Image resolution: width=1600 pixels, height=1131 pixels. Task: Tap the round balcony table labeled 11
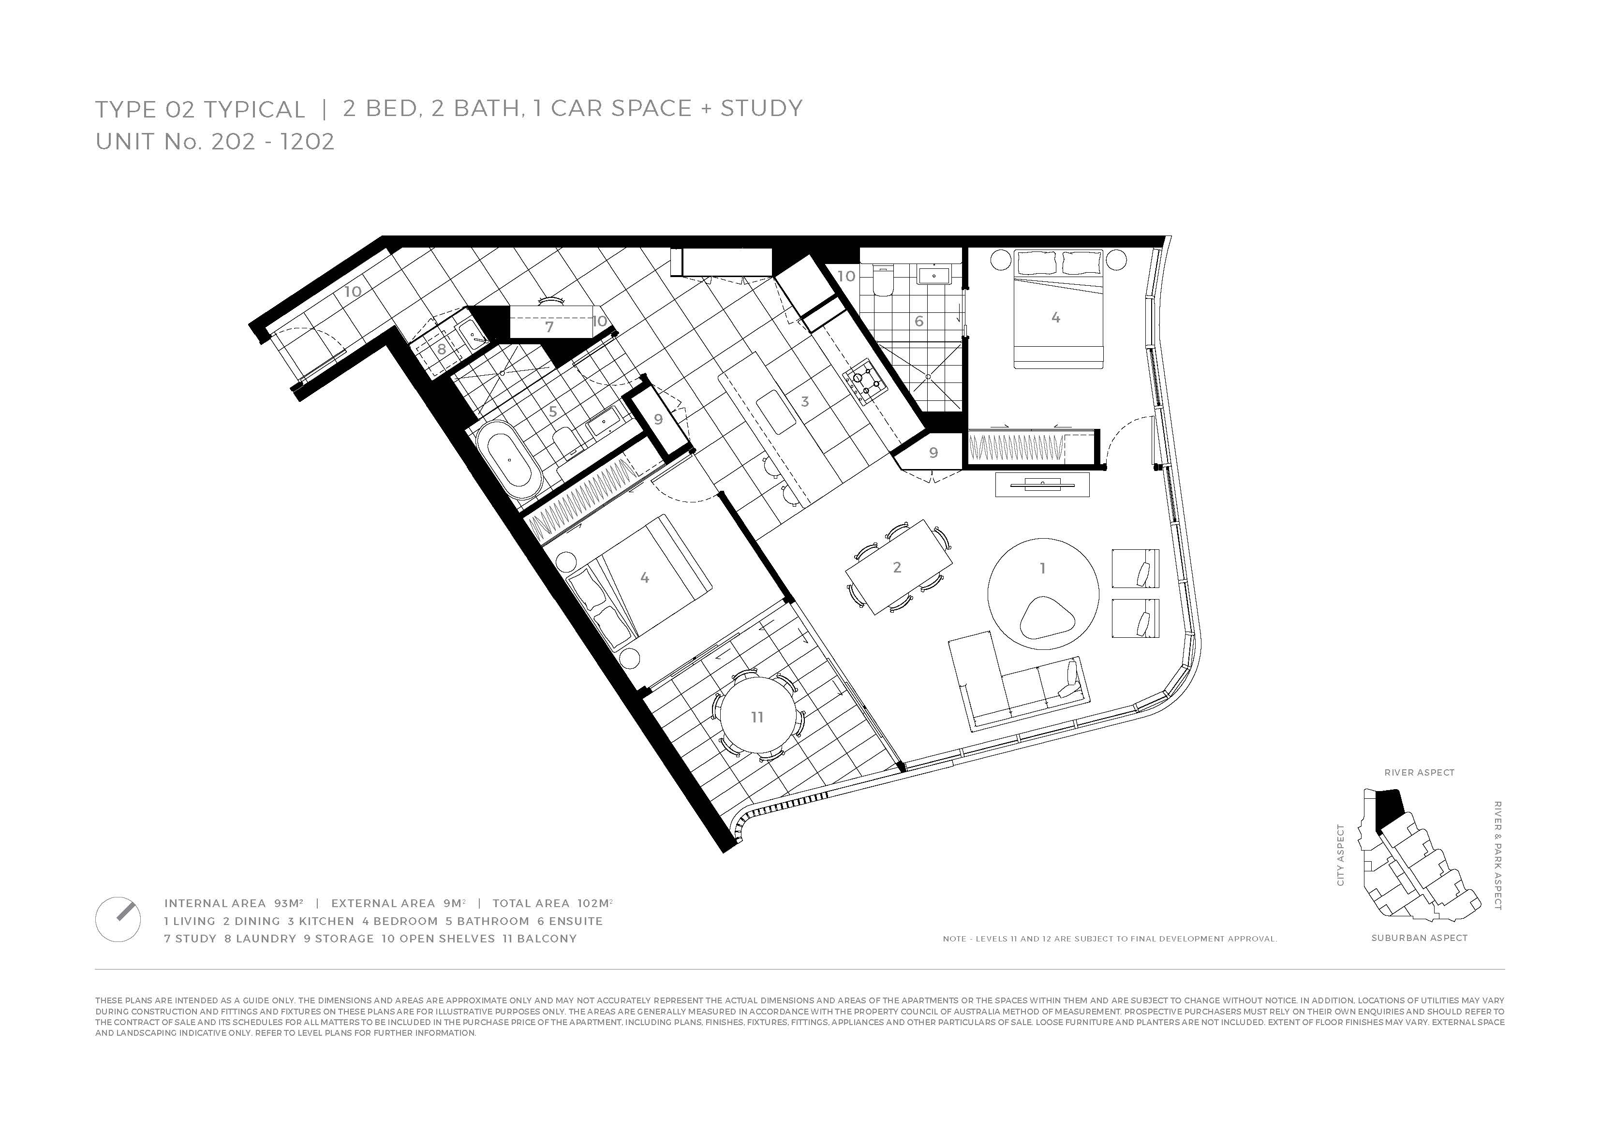pos(757,717)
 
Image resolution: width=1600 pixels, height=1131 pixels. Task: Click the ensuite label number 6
pos(919,321)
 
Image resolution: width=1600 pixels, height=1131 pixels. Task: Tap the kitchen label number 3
pos(805,401)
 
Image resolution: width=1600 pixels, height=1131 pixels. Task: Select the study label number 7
pos(549,327)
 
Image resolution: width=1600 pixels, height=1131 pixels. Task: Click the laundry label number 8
pos(442,349)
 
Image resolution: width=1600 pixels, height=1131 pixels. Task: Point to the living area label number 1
pos(1042,569)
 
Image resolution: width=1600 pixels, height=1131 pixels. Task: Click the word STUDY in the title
pos(762,108)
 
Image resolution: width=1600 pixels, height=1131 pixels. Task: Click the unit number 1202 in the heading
pos(307,142)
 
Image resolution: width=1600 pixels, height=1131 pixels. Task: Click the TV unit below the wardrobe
pos(1042,485)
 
